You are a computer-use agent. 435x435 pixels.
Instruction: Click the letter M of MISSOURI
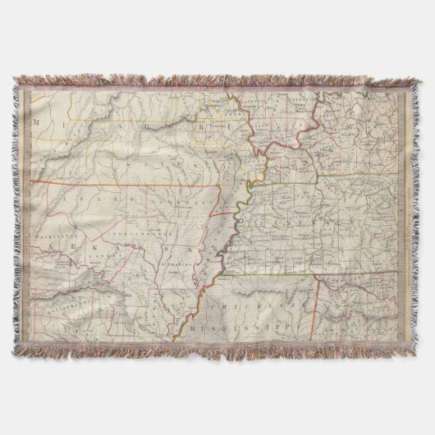[37, 121]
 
